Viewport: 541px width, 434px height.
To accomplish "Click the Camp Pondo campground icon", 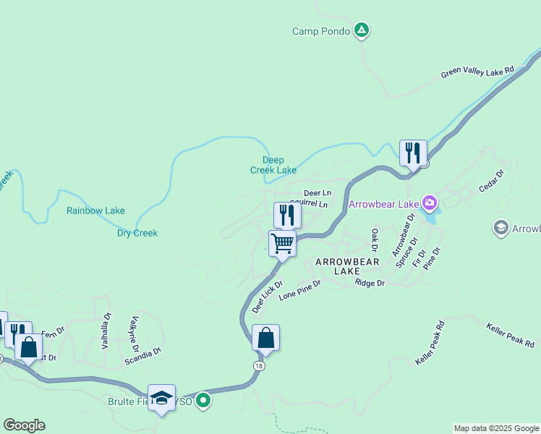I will pyautogui.click(x=362, y=30).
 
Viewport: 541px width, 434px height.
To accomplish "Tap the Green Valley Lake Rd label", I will pyautogui.click(x=477, y=73).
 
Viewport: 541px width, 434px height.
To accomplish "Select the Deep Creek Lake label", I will pyautogui.click(x=273, y=165).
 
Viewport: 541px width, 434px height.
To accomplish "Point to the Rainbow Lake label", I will pyautogui.click(x=95, y=210).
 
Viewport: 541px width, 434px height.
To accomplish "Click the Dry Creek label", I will pyautogui.click(x=137, y=233).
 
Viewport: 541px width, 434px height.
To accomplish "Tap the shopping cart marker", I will pyautogui.click(x=282, y=243).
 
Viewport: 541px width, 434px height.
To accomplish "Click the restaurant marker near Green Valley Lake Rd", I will pyautogui.click(x=413, y=153).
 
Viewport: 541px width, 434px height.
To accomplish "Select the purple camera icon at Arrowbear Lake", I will pyautogui.click(x=430, y=203).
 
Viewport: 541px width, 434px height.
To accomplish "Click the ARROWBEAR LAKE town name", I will pyautogui.click(x=337, y=266).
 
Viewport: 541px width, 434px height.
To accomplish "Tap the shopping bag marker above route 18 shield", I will pyautogui.click(x=265, y=338).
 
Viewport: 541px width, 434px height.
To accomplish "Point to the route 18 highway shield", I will pyautogui.click(x=259, y=367).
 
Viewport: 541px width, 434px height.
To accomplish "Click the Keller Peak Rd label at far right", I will pyautogui.click(x=510, y=334).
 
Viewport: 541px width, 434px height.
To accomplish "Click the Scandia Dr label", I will pyautogui.click(x=142, y=354).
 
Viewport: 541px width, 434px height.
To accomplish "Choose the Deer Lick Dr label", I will pyautogui.click(x=267, y=297).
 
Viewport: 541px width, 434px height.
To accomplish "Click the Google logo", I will pyautogui.click(x=24, y=425).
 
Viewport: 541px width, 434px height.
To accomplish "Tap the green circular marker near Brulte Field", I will pyautogui.click(x=204, y=399).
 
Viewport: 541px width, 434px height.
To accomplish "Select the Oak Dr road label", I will pyautogui.click(x=375, y=237).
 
